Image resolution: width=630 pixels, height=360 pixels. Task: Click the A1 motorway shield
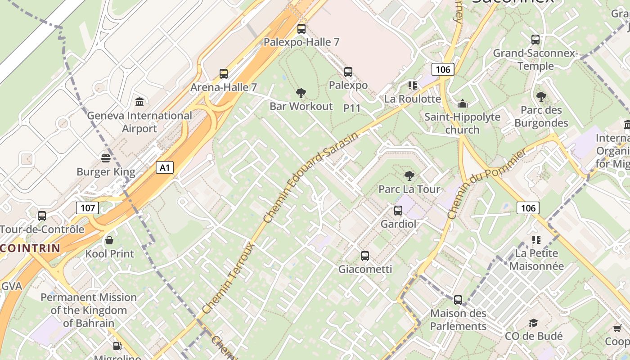coord(165,168)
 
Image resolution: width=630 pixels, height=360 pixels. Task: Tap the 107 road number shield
coord(87,208)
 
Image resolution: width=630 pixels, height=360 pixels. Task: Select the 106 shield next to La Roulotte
coord(443,69)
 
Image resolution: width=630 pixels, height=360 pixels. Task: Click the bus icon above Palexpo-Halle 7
coord(301,29)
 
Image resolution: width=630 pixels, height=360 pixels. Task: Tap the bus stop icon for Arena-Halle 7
coord(224,74)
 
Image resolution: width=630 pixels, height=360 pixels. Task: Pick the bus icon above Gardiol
coord(398,210)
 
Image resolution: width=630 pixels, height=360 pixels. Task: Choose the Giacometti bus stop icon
coord(365,256)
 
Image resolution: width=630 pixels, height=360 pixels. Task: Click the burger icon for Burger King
coord(106,158)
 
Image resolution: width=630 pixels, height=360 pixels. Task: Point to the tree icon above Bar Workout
coord(301,93)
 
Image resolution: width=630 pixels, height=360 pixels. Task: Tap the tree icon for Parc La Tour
coord(409,175)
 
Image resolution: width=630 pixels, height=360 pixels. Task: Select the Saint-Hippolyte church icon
coord(463,104)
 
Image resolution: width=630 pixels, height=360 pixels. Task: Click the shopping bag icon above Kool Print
coord(109,240)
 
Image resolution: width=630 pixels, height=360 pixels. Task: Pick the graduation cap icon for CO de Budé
coord(534,323)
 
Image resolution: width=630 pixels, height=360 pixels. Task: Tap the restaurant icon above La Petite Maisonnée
coord(536,240)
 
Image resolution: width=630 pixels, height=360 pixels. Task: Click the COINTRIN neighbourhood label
coord(30,248)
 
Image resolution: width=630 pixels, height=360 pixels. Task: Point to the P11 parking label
coord(352,108)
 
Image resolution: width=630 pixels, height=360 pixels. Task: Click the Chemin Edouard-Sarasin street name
coord(311,177)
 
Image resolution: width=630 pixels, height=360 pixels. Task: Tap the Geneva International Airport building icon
coord(139,102)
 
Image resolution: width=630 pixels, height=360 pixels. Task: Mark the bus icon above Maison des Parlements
coord(458,300)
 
